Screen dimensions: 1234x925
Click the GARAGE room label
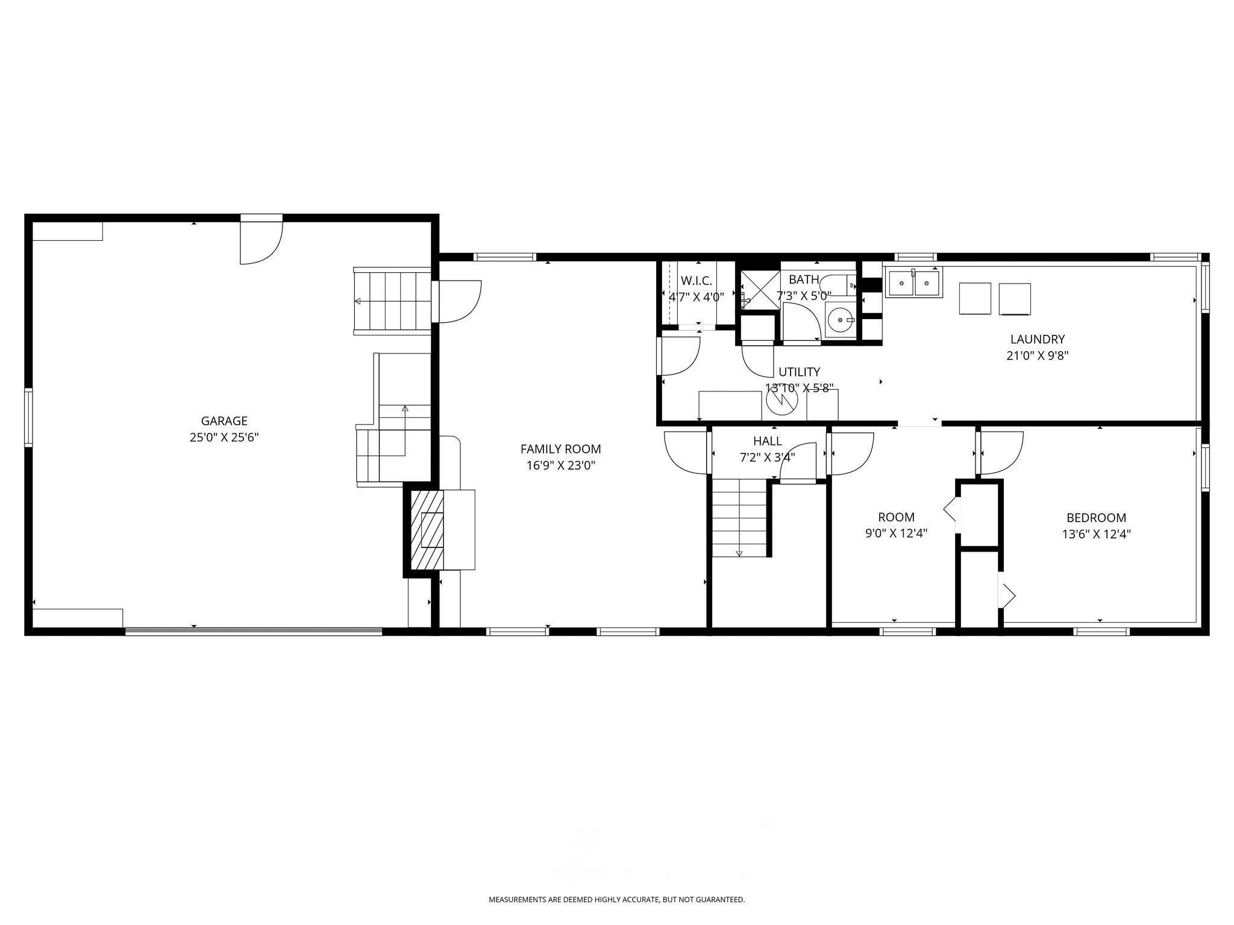224,421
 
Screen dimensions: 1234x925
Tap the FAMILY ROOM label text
560,449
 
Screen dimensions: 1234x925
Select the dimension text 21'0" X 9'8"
1038,355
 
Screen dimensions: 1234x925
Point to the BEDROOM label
1096,517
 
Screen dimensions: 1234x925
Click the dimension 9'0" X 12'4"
896,533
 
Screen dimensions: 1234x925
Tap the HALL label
767,441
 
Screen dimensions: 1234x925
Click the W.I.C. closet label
697,281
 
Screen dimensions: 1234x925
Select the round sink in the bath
840,319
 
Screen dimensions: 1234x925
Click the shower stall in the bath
759,290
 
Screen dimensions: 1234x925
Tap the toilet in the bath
839,284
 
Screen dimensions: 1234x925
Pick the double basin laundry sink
913,283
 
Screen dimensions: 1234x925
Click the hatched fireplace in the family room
427,530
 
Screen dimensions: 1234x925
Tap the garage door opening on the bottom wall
254,631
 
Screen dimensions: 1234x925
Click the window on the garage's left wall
28,418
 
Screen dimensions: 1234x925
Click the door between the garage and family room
457,301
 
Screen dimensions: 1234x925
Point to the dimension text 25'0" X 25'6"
224,437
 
